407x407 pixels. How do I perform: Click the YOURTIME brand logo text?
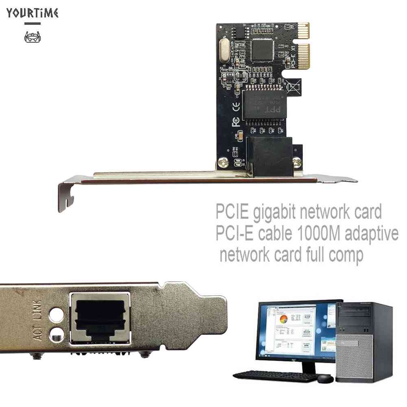pos(33,13)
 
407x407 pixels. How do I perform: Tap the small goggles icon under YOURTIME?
pos(33,37)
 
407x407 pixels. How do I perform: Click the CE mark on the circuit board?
pos(235,109)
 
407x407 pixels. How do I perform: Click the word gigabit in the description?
pos(269,213)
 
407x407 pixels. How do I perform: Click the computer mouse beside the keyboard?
pos(325,379)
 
